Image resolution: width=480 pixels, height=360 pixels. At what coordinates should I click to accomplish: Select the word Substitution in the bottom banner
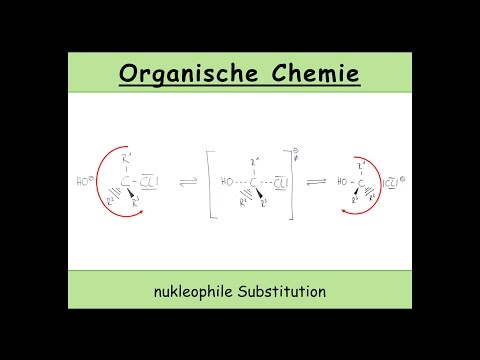(x=283, y=293)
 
